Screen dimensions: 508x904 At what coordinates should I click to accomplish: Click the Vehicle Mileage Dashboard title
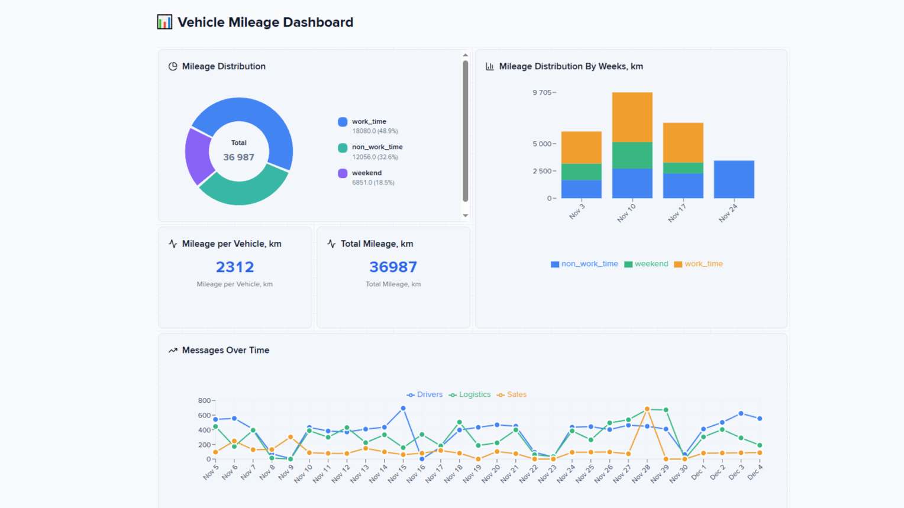(265, 22)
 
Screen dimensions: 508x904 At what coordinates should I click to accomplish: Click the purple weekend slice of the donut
(198, 156)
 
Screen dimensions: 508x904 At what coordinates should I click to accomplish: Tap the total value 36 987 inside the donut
(238, 157)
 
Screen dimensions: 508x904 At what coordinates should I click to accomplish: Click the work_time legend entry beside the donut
(369, 122)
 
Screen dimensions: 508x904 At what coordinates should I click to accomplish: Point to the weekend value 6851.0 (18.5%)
(373, 183)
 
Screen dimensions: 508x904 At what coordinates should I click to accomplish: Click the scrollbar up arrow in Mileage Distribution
(465, 55)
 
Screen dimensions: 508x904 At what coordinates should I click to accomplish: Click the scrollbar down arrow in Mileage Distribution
(465, 215)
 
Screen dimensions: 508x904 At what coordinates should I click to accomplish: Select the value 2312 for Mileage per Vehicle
(235, 267)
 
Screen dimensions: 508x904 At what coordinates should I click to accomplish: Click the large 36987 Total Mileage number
(393, 267)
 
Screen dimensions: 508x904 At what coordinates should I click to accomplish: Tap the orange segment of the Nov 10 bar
(632, 117)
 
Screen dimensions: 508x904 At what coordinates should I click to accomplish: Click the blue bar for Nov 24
(734, 179)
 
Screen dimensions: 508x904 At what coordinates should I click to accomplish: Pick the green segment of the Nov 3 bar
(581, 172)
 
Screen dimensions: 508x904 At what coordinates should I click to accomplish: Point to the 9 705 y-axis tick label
(542, 93)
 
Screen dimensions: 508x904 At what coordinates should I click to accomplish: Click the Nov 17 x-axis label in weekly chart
(677, 213)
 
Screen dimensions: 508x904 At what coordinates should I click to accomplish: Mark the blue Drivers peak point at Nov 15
(403, 408)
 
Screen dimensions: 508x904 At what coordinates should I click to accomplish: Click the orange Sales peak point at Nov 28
(647, 409)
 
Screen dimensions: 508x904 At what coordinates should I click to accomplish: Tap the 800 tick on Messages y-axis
(204, 401)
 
